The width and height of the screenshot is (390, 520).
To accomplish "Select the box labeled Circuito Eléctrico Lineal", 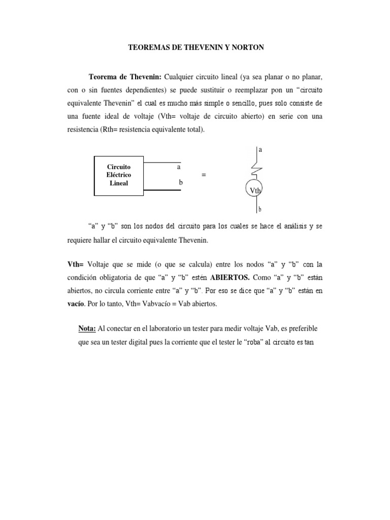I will (119, 175).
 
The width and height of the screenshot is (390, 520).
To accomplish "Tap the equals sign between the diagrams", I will (204, 175).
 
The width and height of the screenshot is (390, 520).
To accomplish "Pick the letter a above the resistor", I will (260, 150).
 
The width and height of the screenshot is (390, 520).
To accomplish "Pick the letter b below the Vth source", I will (260, 209).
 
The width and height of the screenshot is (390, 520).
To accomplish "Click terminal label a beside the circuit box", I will (178, 167).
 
